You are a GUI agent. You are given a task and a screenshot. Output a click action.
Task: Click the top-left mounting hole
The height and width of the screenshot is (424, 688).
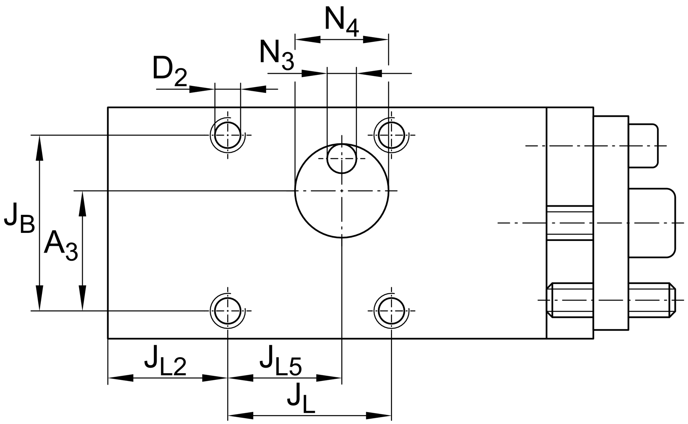point(228,135)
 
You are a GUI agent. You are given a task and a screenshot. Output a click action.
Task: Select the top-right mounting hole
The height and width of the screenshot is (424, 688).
point(391,135)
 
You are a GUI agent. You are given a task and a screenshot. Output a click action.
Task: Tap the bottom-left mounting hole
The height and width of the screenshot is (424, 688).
point(228,311)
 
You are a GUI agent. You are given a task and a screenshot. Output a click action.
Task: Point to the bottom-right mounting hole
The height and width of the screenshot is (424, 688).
point(391,311)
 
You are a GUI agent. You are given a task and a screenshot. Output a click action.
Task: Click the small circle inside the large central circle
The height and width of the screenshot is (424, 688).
point(342,159)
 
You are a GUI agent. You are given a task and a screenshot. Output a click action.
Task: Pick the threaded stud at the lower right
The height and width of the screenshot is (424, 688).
point(612,300)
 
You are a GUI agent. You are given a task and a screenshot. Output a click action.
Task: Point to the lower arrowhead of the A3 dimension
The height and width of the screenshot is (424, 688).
point(83,299)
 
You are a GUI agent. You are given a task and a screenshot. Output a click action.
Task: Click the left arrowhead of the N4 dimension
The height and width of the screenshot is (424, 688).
point(308,40)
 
